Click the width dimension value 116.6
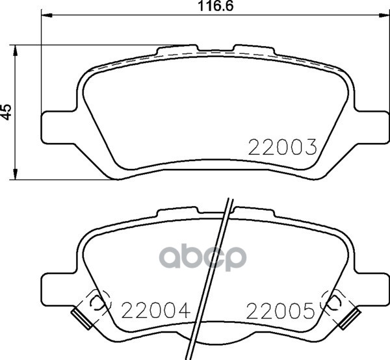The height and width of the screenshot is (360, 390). [215, 6]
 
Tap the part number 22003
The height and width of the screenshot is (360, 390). [283, 147]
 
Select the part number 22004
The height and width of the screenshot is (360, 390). [156, 310]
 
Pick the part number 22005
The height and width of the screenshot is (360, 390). [281, 311]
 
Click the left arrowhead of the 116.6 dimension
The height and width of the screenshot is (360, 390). [47, 16]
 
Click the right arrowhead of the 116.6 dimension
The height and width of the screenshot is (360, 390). [383, 16]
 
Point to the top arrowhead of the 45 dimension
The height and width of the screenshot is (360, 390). [16, 51]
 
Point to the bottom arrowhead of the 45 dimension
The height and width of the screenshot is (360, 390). [16, 174]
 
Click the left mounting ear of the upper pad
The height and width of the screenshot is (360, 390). [58, 127]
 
